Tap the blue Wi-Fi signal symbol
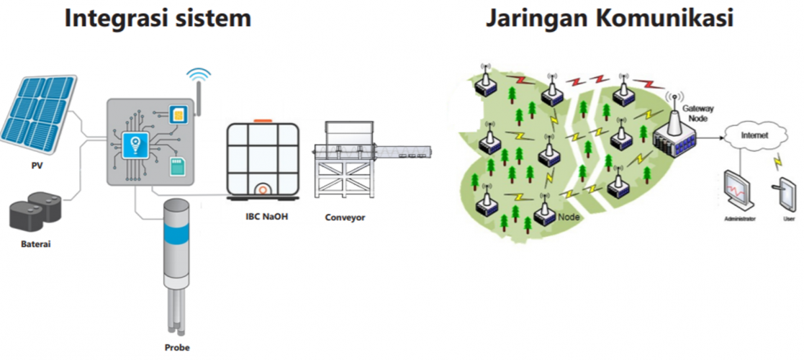pyautogui.click(x=199, y=76)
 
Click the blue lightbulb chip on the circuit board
pyautogui.click(x=135, y=145)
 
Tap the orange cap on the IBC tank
pyautogui.click(x=263, y=121)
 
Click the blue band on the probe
pyautogui.click(x=177, y=233)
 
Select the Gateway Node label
pyautogui.click(x=697, y=113)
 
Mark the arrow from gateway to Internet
pyautogui.click(x=712, y=137)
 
